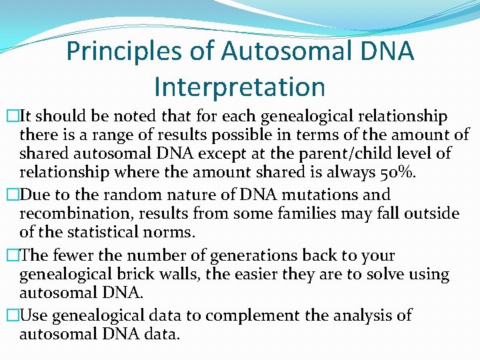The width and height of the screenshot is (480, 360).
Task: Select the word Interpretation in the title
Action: coord(239,87)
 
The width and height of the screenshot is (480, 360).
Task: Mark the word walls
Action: coord(180,275)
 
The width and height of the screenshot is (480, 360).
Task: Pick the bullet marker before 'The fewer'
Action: coord(10,256)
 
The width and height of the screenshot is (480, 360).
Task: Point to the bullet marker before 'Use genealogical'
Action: coord(10,315)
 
